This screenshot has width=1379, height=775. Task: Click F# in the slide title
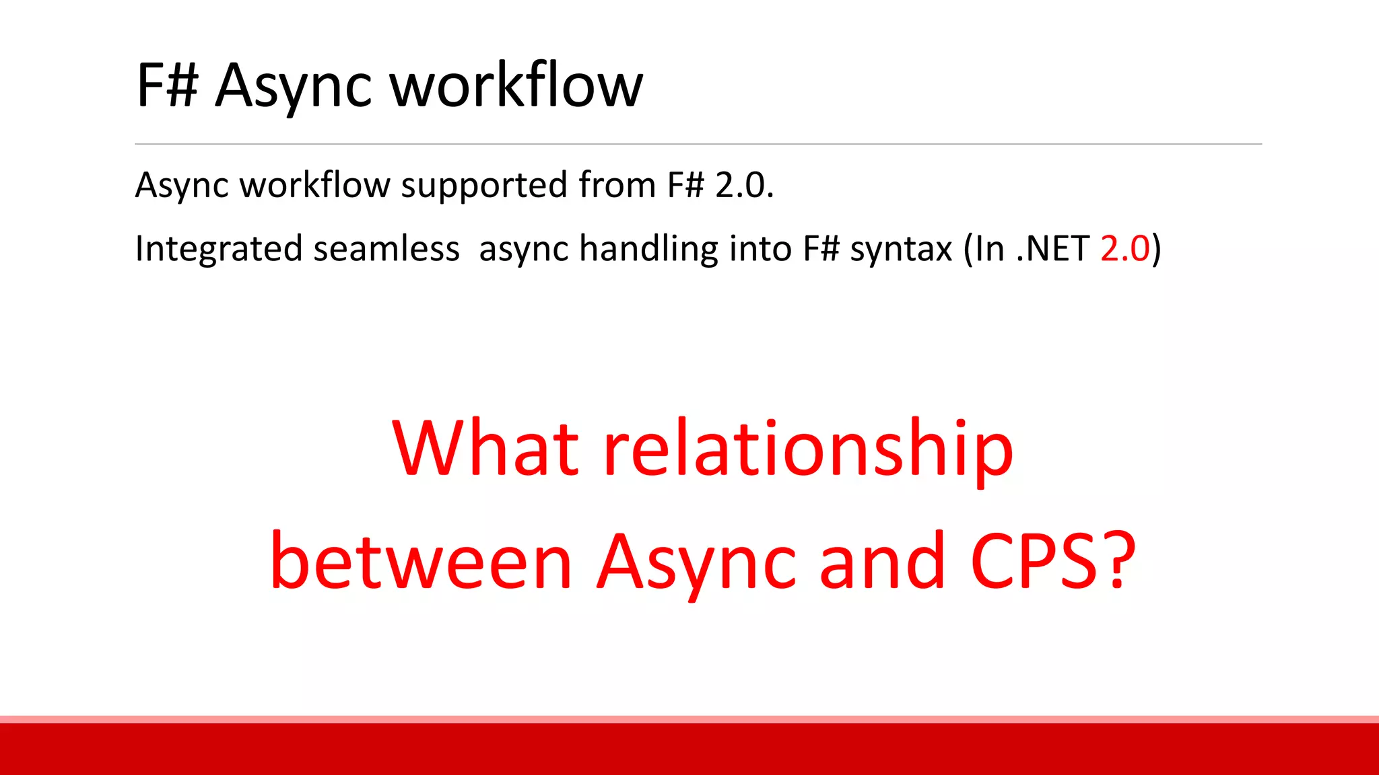[x=167, y=85]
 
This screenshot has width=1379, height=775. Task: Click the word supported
[x=484, y=185]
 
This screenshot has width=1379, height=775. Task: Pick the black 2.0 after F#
[x=743, y=185]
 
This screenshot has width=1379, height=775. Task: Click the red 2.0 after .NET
[x=1125, y=248]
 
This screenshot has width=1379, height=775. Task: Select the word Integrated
[x=218, y=249]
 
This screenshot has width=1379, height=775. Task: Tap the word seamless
[x=386, y=248]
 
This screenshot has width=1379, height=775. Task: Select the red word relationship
[x=807, y=449]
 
